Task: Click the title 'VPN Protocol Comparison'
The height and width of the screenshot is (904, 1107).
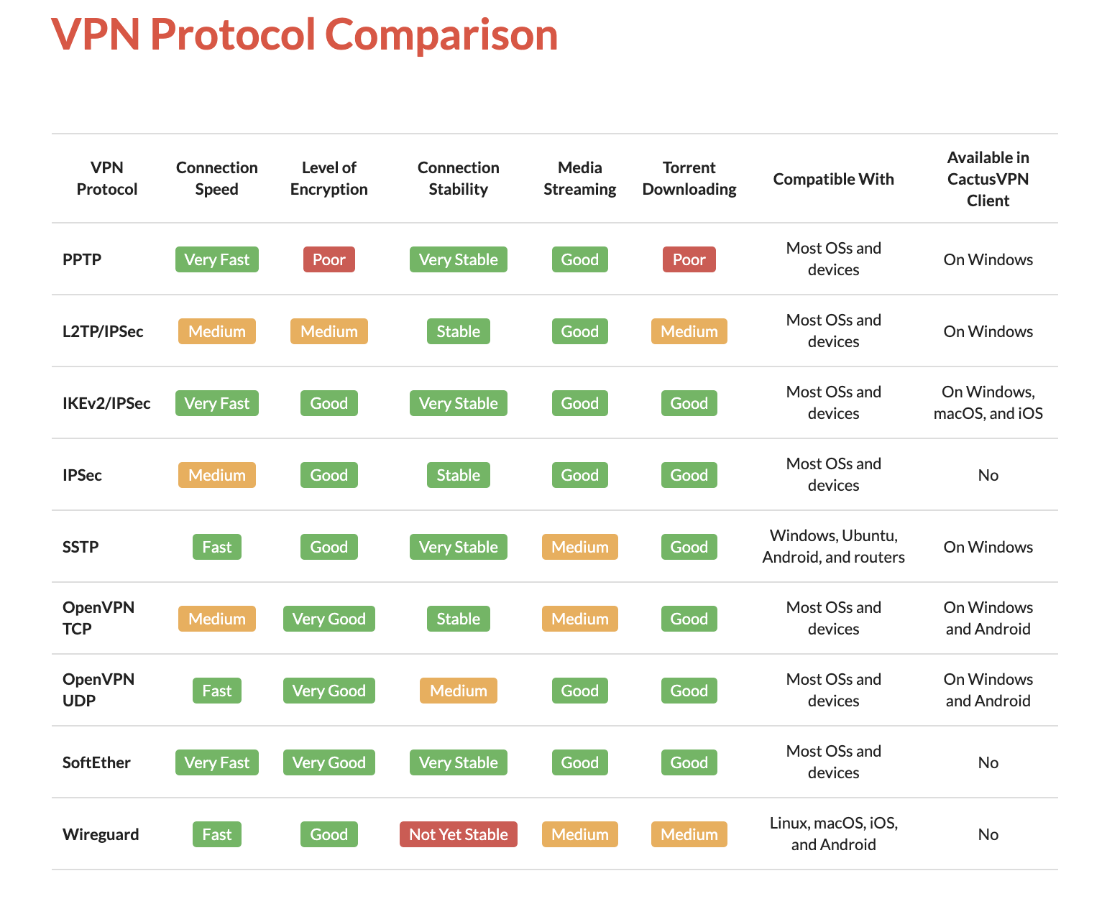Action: (x=304, y=34)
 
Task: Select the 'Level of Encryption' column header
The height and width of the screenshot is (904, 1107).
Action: (x=329, y=178)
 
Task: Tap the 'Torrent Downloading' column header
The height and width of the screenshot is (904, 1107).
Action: (x=689, y=178)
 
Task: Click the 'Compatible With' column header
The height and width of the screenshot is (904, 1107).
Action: (x=833, y=179)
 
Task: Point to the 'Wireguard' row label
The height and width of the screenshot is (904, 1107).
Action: (x=101, y=834)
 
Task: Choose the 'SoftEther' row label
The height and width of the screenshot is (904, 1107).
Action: (x=96, y=762)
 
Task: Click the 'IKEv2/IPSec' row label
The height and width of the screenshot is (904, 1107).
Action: (x=106, y=403)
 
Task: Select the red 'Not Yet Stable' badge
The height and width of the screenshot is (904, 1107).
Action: (x=458, y=834)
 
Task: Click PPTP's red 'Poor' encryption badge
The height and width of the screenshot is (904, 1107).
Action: (x=329, y=259)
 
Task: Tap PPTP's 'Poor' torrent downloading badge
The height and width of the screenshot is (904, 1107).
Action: (x=689, y=259)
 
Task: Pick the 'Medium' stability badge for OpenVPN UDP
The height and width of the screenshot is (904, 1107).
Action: (x=458, y=691)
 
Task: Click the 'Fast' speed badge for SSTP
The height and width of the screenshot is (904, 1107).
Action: (x=216, y=547)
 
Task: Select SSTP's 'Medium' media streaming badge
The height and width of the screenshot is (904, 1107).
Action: (x=579, y=547)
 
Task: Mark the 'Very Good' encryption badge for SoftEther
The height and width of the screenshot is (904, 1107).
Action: (x=329, y=762)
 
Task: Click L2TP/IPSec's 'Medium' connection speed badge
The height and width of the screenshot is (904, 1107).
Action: (x=216, y=331)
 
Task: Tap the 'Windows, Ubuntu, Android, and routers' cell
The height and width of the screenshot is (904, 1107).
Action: (x=833, y=546)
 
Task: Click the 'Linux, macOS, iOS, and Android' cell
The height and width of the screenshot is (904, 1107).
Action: (x=833, y=834)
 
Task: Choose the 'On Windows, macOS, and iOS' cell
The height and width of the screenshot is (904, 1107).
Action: (x=988, y=402)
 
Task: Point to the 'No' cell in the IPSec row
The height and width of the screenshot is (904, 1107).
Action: (x=988, y=475)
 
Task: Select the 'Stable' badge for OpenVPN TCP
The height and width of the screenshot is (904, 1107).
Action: (x=458, y=619)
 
